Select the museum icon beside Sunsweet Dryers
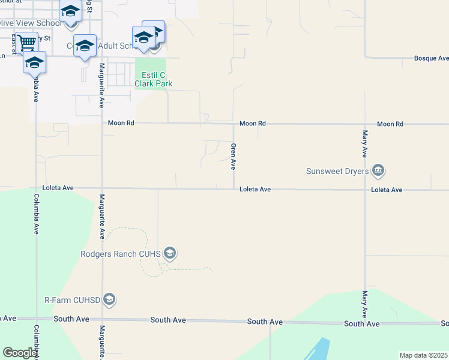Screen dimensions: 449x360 [x=379, y=171]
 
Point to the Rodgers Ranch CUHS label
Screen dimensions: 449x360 [x=121, y=254]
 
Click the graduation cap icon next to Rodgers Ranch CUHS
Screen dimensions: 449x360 [x=170, y=254]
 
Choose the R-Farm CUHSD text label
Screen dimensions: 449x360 [x=71, y=299]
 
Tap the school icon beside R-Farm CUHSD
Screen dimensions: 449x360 [x=109, y=299]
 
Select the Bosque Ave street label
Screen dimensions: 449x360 [x=431, y=59]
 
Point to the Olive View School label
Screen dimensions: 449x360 [x=30, y=23]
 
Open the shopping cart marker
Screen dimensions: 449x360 [x=26, y=43]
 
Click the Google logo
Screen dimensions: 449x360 [x=20, y=353]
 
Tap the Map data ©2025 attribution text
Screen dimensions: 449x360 [x=423, y=355]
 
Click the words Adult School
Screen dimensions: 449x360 [x=118, y=46]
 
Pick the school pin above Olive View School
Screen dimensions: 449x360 [x=71, y=11]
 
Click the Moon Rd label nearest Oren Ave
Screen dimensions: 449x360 [x=252, y=124]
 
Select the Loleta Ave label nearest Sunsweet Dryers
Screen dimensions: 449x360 [x=387, y=190]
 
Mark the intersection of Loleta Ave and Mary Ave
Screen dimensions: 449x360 [x=364, y=190]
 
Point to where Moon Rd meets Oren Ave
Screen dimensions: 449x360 [x=234, y=124]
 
